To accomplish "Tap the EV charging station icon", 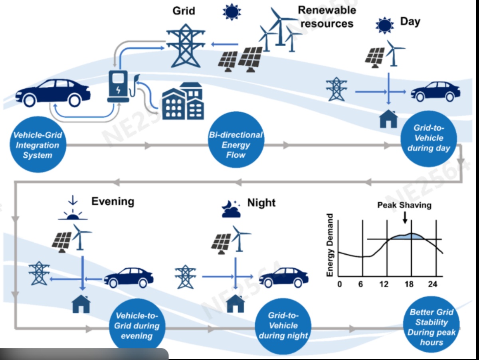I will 118,86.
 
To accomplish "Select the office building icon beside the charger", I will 183,102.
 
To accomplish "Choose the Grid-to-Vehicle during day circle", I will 428,138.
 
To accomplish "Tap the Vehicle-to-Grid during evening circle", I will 137,325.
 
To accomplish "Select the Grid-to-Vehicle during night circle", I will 283,325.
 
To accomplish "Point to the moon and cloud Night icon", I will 231,209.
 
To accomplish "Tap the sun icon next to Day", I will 384,25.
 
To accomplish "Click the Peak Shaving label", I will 404,205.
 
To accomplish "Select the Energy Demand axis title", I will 330,245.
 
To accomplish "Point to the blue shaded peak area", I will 409,236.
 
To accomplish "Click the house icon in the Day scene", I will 388,119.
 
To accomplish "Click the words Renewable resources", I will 327,16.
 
